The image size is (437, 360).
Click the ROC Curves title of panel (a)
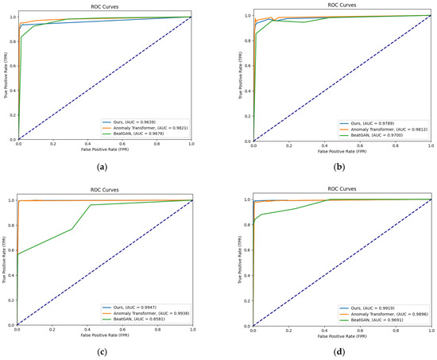104,6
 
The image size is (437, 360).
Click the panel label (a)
104,166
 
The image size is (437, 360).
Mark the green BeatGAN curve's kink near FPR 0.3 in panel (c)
73,229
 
